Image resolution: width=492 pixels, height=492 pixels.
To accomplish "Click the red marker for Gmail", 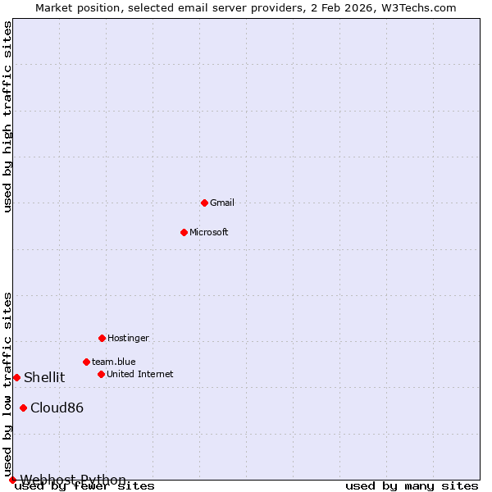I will (204, 203).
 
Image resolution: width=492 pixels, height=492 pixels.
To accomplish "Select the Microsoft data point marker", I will (184, 232).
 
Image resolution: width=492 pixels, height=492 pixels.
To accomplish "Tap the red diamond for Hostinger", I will (102, 338).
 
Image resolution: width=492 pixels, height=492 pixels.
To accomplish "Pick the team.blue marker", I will (86, 362).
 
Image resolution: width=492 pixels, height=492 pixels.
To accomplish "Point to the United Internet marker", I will (101, 374).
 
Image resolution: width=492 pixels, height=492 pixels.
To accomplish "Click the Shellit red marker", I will (16, 377).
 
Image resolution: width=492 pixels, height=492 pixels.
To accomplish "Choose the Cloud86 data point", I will (23, 408).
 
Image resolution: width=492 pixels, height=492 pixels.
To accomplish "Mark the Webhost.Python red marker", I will (12, 480).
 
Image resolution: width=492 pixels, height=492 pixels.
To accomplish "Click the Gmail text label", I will (222, 203).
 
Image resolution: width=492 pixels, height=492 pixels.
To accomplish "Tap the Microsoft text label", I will (209, 232).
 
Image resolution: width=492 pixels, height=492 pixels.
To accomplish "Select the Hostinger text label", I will (128, 338).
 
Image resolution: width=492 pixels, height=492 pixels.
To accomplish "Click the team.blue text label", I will (114, 362).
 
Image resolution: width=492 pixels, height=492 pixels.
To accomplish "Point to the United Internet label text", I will (140, 374).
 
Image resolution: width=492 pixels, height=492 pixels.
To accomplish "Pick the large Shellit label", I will (44, 377).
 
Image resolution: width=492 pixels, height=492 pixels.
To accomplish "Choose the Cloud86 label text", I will (57, 408).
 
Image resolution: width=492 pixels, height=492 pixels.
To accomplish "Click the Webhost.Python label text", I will (73, 480).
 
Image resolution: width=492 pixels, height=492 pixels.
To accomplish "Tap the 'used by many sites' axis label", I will (412, 486).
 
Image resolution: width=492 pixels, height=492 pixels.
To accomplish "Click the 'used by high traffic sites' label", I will (8, 116).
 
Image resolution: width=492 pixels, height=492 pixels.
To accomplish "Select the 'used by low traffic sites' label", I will (8, 384).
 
